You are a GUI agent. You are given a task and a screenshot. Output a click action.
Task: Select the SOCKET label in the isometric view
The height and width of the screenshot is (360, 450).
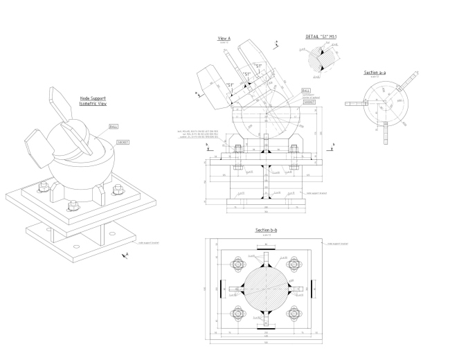click(124, 141)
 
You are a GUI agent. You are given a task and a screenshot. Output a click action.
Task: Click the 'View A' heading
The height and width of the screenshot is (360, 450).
click(224, 38)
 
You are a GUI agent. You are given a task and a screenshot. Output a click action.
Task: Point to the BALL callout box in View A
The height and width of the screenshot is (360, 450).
click(306, 90)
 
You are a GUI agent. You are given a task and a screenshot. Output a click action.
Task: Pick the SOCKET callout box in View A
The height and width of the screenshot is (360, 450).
click(309, 102)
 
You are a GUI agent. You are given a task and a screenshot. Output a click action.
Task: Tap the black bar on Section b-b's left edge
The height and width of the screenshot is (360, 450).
click(221, 289)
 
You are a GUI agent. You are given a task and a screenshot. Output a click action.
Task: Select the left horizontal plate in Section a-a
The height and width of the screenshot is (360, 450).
click(355, 105)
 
